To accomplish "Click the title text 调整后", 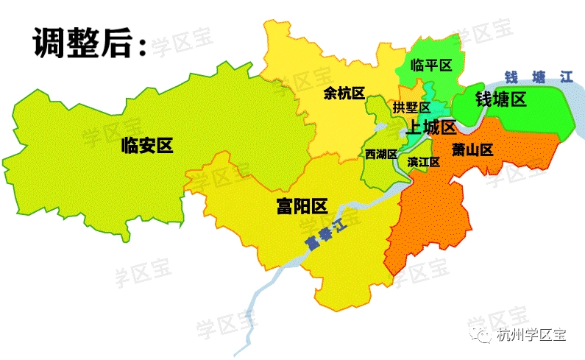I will (81, 43).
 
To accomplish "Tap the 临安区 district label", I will (147, 146).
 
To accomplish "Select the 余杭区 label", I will (344, 93).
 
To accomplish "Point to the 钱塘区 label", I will (501, 99).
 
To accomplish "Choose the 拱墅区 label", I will (411, 108).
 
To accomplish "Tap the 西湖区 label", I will (381, 154).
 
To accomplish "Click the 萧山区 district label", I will (472, 150).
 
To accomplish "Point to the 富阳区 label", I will (302, 205).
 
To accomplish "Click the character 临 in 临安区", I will (131, 146).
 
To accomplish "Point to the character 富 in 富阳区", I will (285, 205).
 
